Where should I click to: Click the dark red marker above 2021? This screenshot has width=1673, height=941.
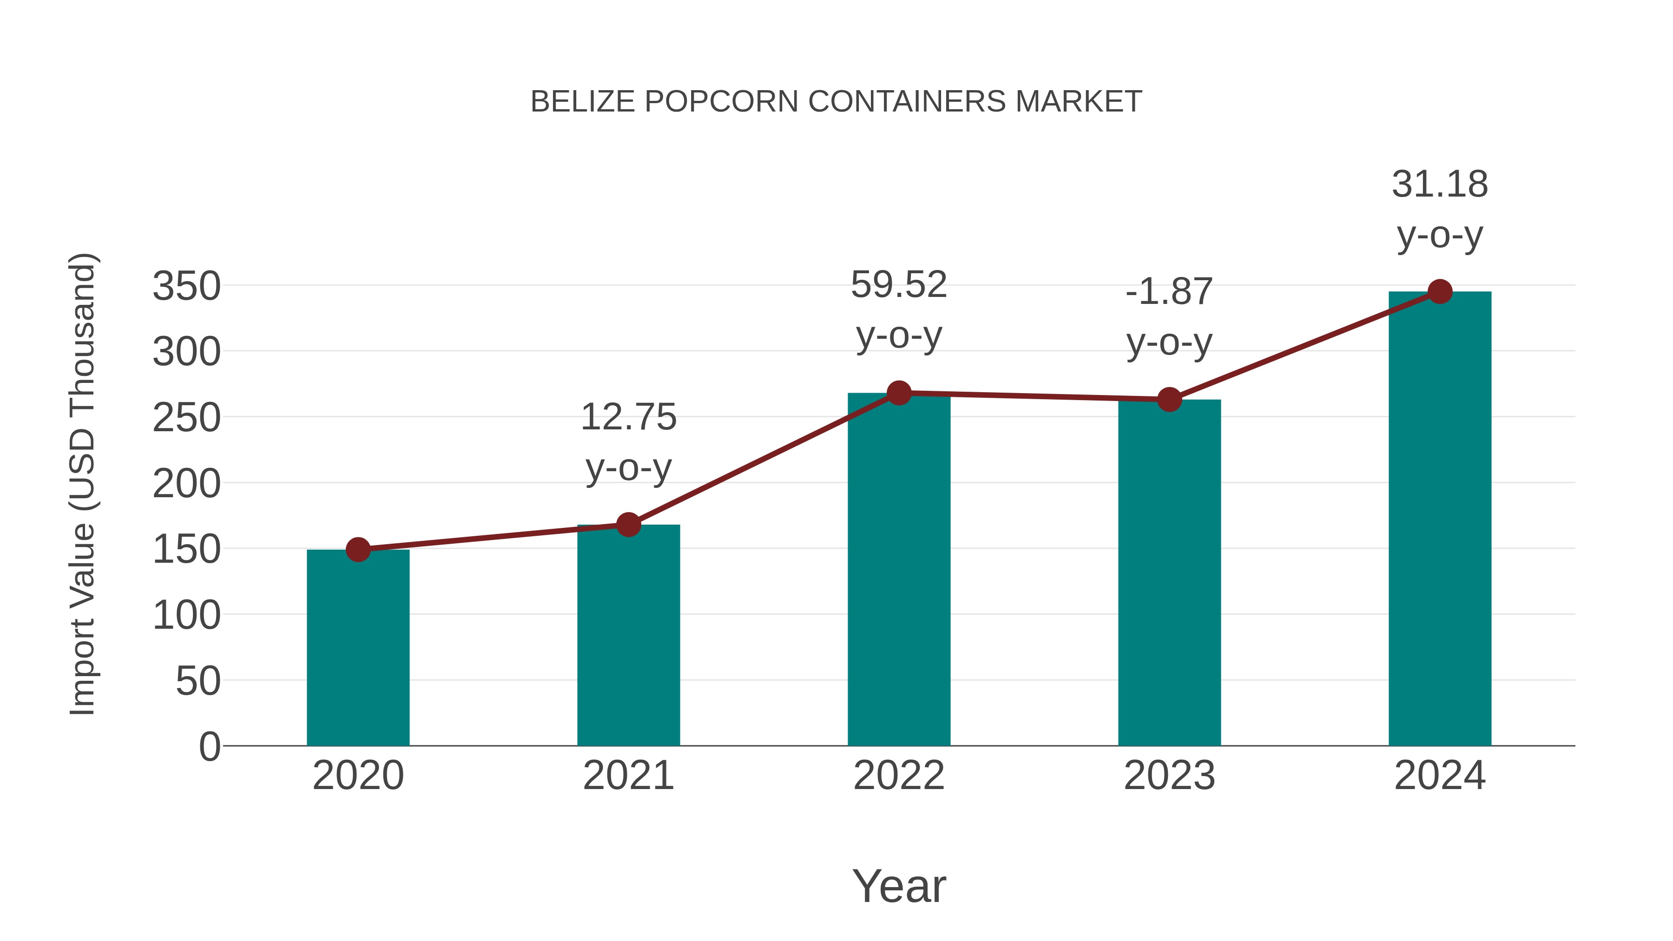tap(628, 524)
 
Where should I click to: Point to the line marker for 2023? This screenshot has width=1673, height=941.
tap(1169, 399)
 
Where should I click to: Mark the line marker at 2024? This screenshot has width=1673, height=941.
tap(1440, 291)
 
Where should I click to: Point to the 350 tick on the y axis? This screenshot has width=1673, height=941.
tap(186, 286)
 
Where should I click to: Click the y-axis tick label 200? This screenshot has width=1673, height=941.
tap(186, 484)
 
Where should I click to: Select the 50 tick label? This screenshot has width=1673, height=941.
tap(198, 681)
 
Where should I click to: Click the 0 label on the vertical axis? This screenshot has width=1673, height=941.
tap(210, 746)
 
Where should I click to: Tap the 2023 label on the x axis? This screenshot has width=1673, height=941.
tap(1169, 776)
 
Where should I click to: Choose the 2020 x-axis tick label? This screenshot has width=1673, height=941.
tap(358, 776)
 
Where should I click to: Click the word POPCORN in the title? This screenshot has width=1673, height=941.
tap(721, 102)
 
